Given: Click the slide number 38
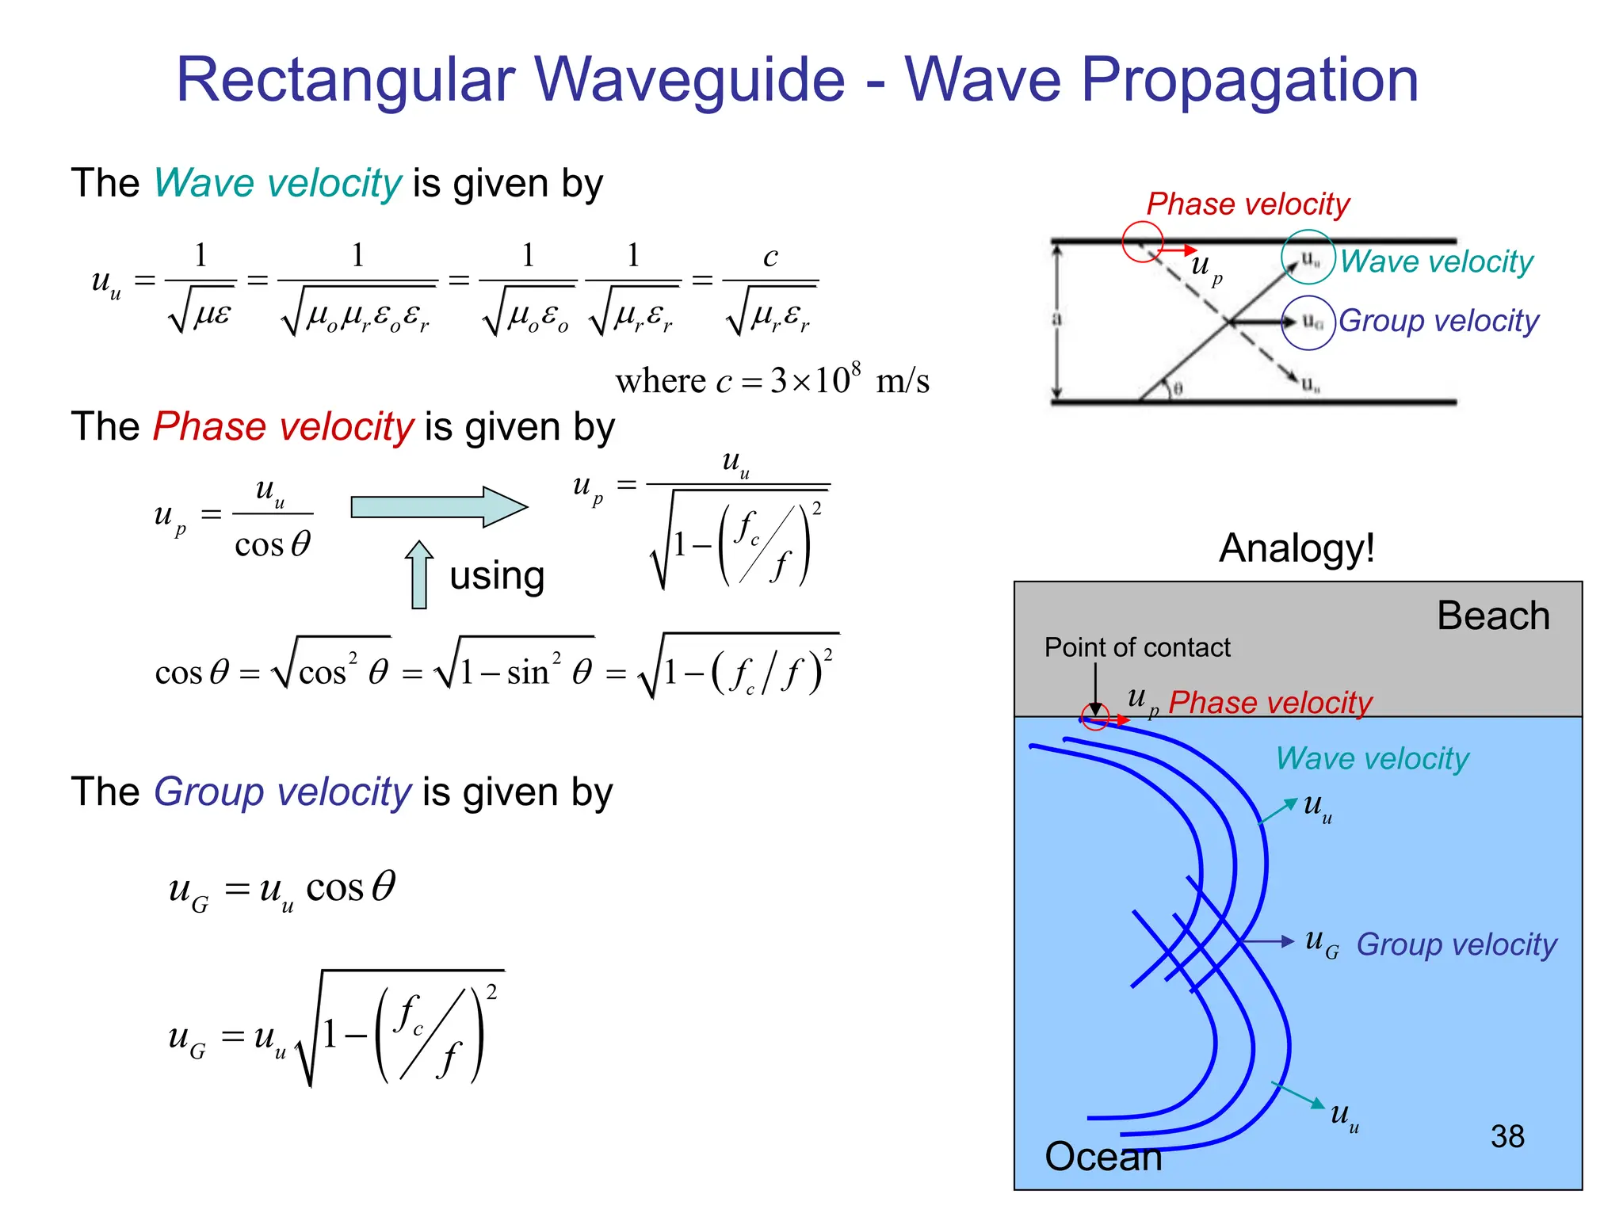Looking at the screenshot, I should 1507,1136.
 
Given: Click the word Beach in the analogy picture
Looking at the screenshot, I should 1493,616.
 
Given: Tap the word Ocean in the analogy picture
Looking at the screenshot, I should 1103,1157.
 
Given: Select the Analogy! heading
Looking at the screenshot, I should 1296,547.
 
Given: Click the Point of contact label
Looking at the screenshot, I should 1137,647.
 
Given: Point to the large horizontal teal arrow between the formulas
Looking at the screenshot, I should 438,507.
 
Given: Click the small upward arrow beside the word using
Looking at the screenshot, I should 419,574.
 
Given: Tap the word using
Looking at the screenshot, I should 497,576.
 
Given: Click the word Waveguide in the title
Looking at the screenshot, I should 689,80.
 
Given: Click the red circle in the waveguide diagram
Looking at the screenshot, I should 1142,241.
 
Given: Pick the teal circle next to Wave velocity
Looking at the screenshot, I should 1309,257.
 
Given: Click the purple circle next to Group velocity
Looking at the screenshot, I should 1309,322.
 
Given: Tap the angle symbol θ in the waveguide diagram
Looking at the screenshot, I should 1178,389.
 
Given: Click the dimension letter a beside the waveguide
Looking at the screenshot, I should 1056,319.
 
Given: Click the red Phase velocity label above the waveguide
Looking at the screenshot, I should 1247,204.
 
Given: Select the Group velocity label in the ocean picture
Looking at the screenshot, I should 1457,944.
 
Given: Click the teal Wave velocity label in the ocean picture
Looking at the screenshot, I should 1372,758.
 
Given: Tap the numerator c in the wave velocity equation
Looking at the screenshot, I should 770,257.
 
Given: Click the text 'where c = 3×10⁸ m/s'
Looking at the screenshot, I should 772,381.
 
